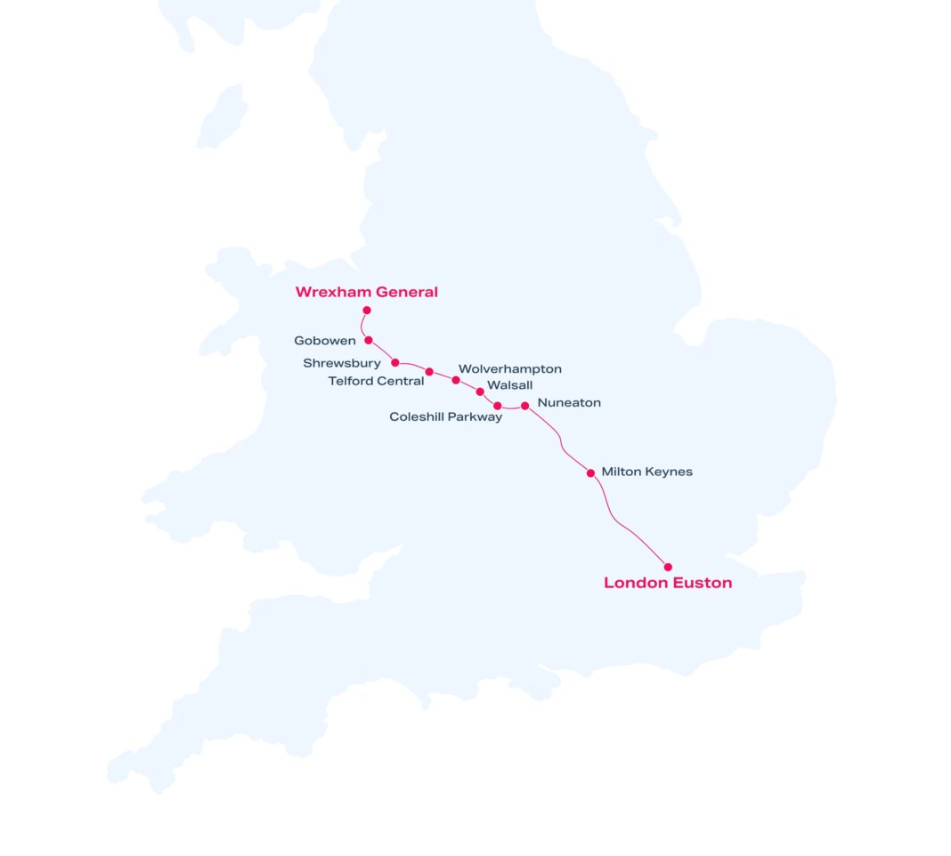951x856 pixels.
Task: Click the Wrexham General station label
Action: point(366,292)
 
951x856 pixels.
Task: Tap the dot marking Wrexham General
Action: point(367,311)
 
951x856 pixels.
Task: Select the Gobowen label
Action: point(325,341)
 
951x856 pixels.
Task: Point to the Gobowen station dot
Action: point(369,340)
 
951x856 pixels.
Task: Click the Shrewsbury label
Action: point(342,363)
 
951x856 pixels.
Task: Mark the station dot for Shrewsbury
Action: point(395,362)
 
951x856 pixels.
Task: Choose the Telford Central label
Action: point(376,382)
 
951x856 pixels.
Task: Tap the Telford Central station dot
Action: point(429,372)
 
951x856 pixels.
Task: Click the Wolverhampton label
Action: point(510,368)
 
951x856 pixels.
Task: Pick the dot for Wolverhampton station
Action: point(456,380)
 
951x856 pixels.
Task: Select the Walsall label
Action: point(510,385)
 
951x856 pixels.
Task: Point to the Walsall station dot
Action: point(480,392)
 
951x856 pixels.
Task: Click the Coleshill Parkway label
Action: point(445,416)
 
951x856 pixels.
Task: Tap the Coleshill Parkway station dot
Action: point(498,406)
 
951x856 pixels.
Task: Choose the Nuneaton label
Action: point(569,403)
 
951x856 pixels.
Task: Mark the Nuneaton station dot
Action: point(524,406)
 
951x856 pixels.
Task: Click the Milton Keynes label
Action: point(646,472)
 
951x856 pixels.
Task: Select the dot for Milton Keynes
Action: point(590,473)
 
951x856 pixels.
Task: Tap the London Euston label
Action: point(668,584)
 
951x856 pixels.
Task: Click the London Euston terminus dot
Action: point(668,567)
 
